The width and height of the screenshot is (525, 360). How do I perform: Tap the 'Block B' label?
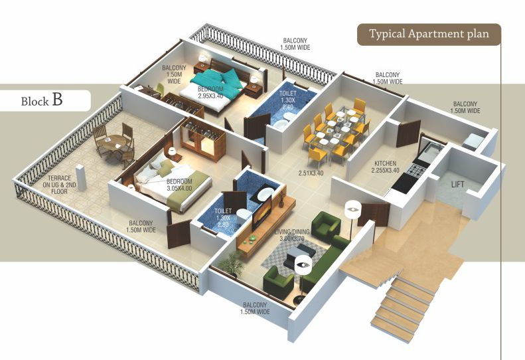pos(43,100)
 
